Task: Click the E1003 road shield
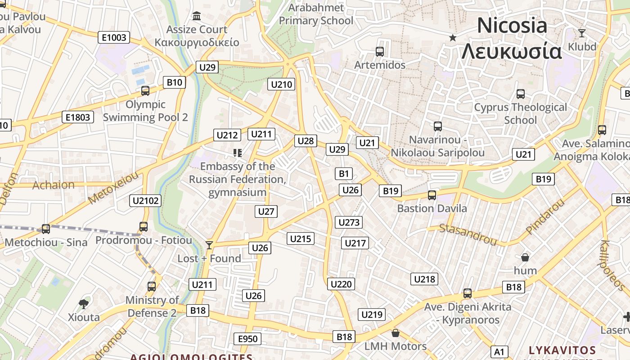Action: point(114,37)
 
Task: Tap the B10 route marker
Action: point(174,82)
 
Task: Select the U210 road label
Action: point(282,84)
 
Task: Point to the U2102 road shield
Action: point(145,201)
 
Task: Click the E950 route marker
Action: point(247,339)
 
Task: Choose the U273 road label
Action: point(349,222)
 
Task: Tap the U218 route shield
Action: point(424,279)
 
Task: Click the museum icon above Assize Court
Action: point(197,16)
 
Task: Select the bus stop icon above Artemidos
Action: point(380,52)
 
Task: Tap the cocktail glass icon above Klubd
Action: point(582,33)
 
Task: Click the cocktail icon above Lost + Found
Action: point(209,245)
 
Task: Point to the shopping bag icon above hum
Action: point(525,257)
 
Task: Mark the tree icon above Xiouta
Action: point(84,304)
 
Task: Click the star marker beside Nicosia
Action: point(453,37)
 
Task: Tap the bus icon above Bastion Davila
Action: point(432,195)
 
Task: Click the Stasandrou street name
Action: point(468,234)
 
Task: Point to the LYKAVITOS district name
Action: point(562,350)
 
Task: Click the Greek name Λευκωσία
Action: point(512,51)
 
